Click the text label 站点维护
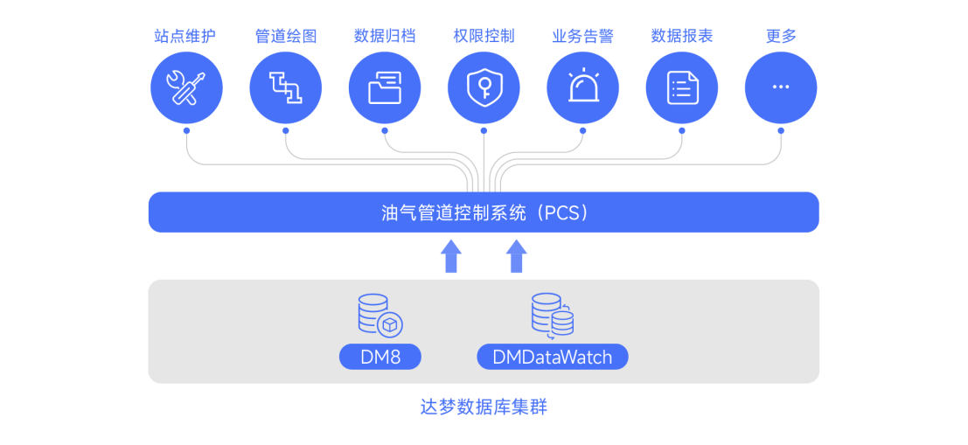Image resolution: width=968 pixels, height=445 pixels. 186,36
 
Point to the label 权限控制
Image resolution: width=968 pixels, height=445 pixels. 484,36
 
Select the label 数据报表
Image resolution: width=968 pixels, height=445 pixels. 682,36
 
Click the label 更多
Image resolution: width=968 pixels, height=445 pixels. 781,36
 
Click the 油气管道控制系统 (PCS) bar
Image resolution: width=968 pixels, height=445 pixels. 484,212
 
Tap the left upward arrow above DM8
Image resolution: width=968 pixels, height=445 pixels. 451,256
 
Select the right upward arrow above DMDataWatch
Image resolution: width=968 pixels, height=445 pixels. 517,256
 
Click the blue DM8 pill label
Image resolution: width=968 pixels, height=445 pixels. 380,357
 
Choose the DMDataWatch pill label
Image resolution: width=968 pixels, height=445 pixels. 552,357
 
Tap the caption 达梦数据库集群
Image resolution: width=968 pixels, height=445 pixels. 484,407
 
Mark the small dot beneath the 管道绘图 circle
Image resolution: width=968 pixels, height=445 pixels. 285,131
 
